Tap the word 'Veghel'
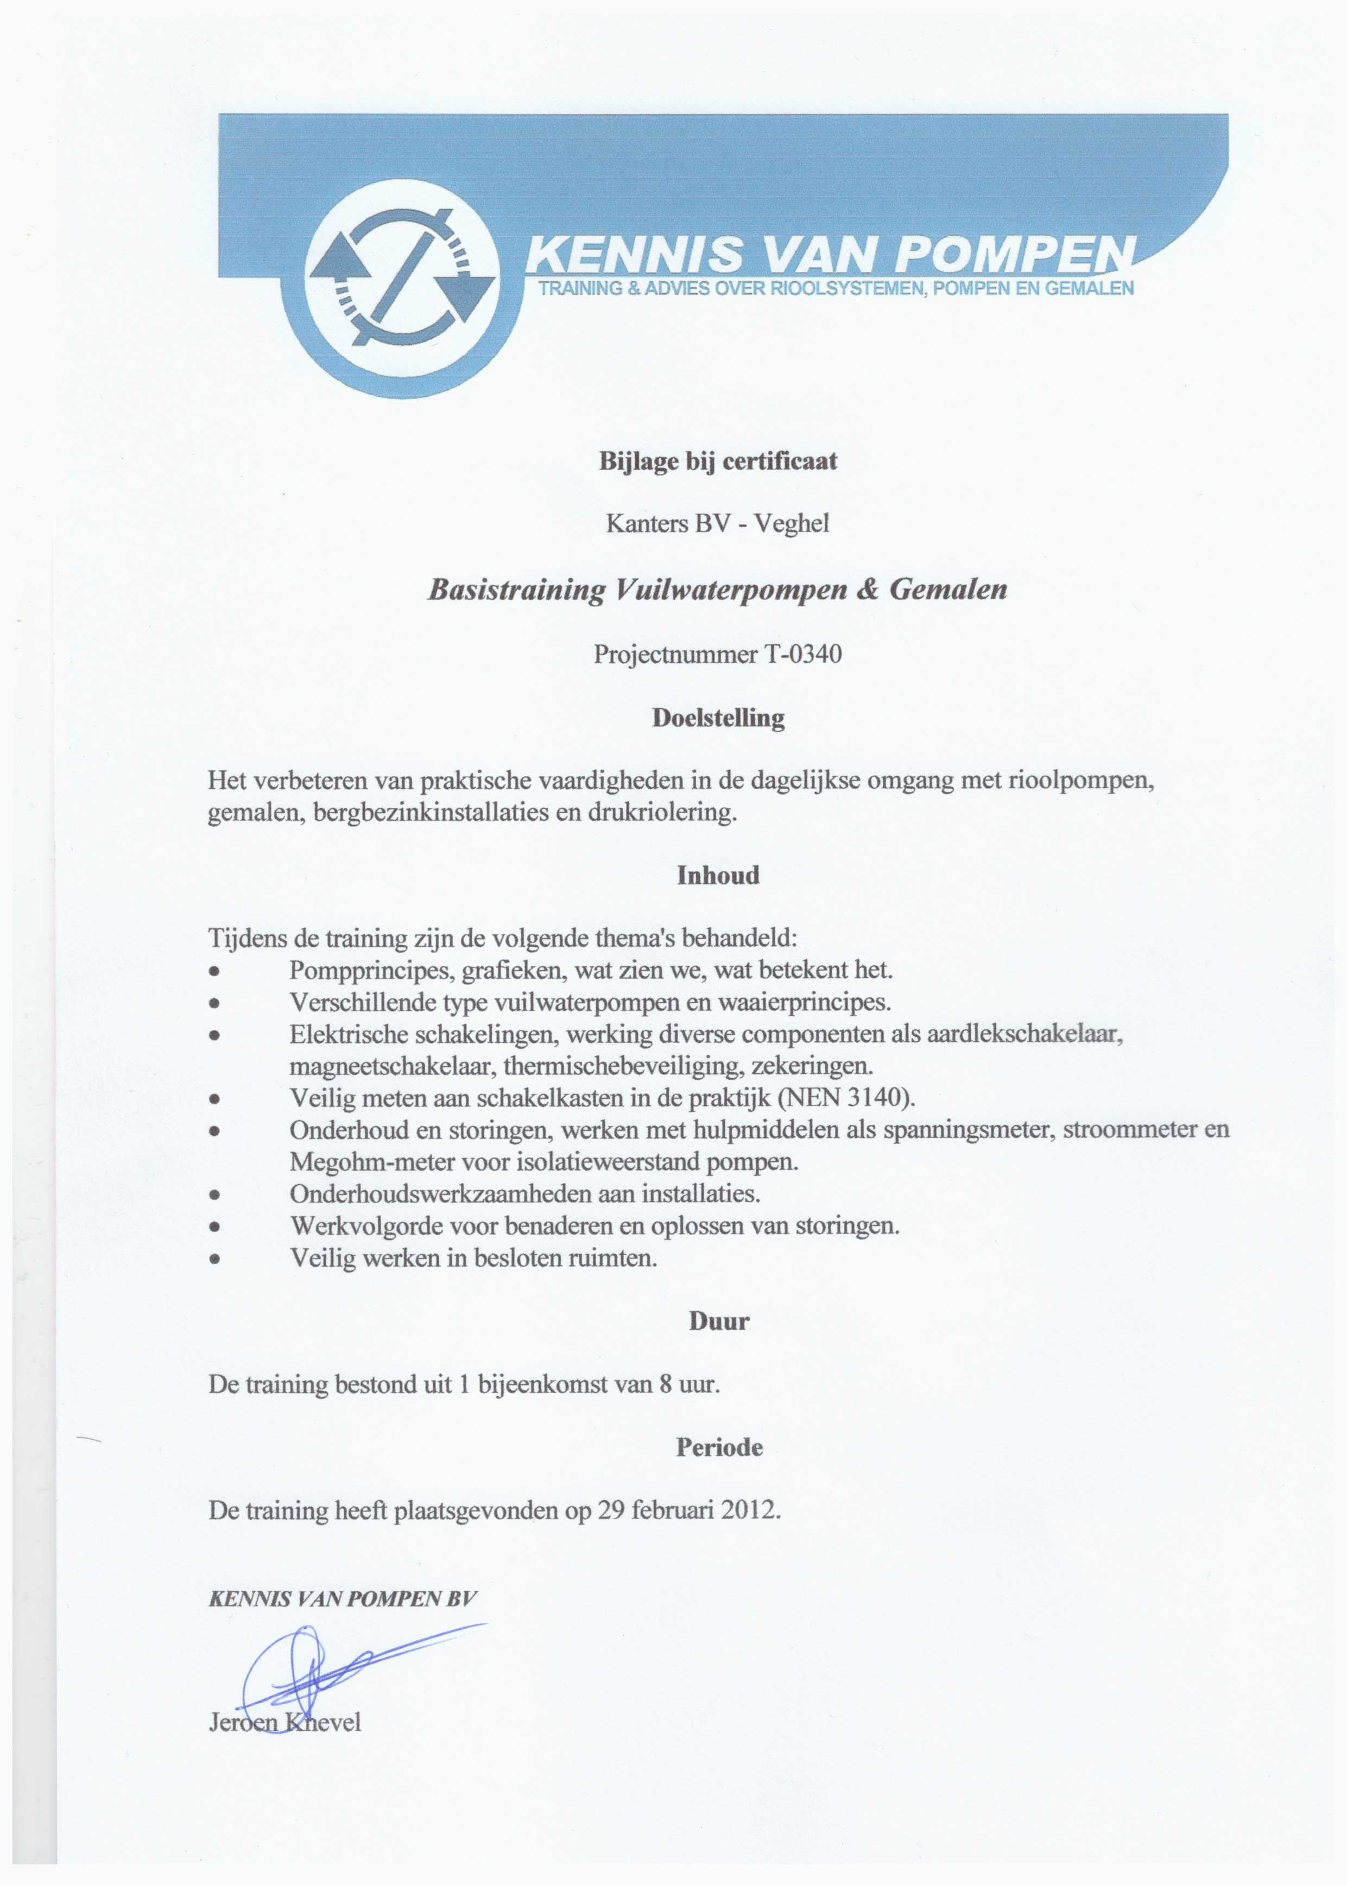[791, 524]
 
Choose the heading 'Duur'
[718, 1322]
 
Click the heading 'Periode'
[718, 1448]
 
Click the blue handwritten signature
[332, 1667]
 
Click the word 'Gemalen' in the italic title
[948, 590]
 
